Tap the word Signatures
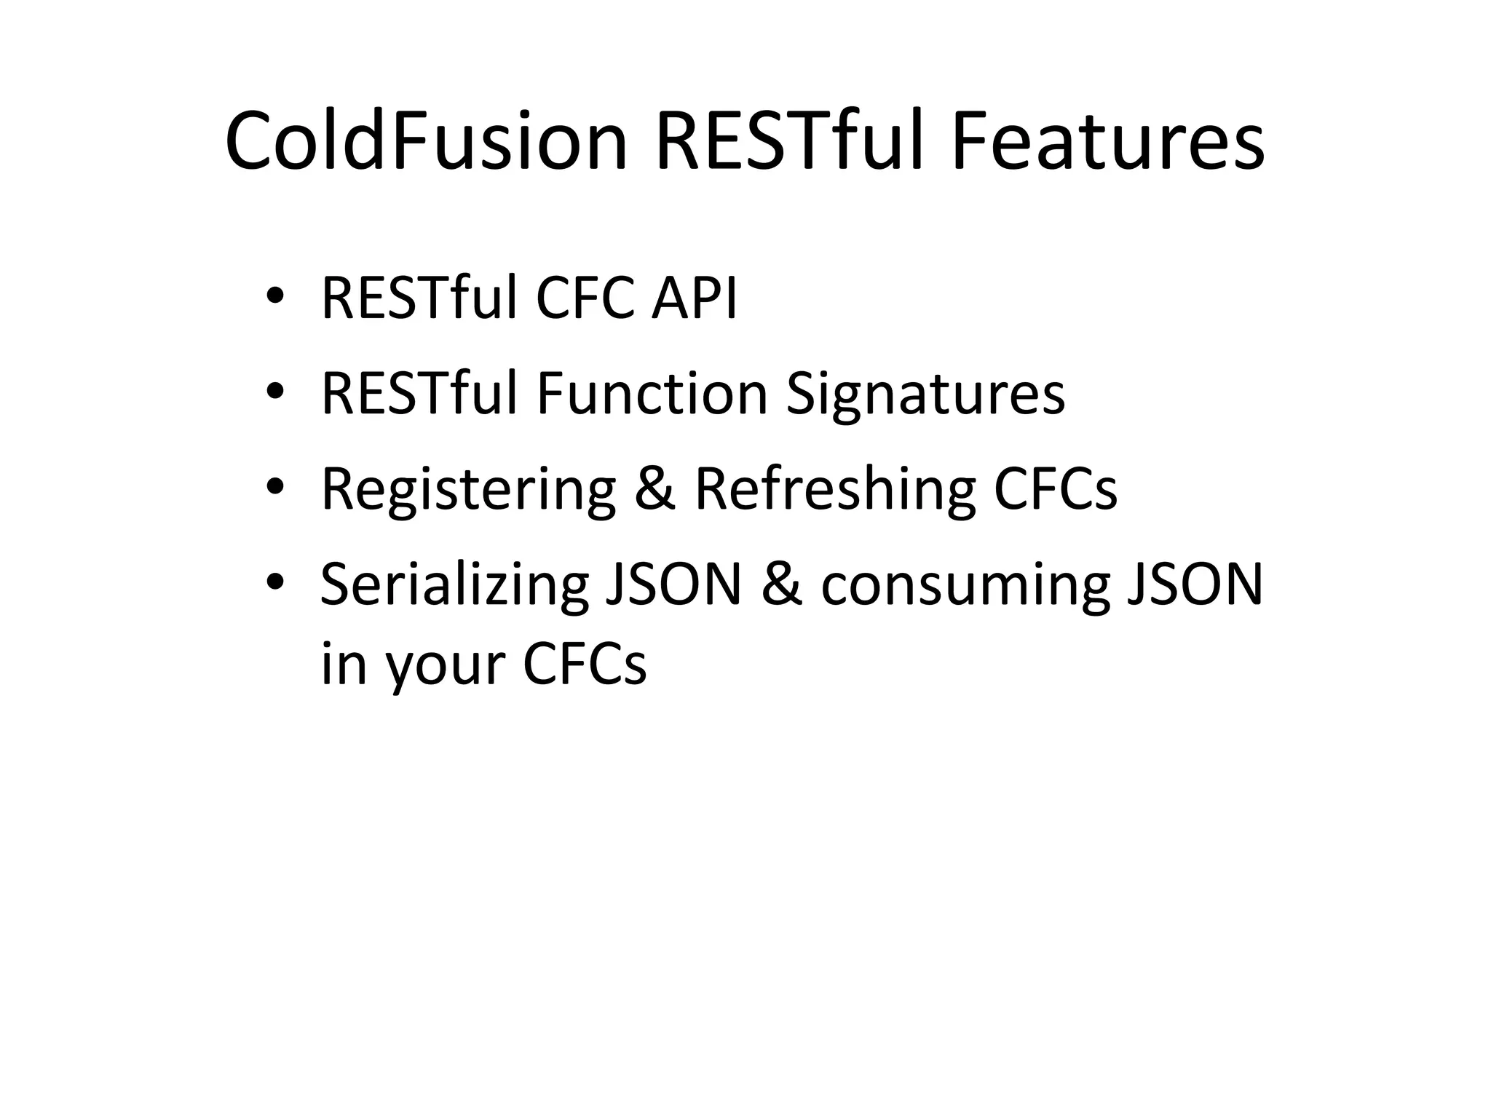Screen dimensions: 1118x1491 tap(925, 395)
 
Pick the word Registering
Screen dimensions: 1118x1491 tap(468, 489)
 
